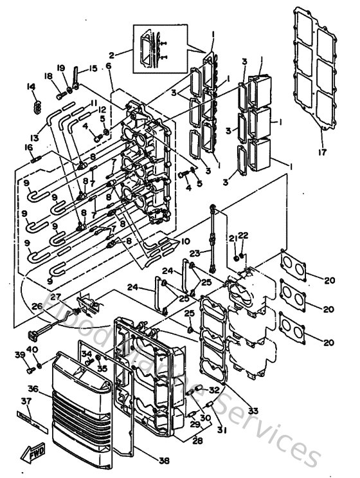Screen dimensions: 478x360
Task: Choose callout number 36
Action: coord(33,389)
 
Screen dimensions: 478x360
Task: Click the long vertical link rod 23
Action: coord(212,238)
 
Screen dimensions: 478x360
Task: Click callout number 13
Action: coord(34,138)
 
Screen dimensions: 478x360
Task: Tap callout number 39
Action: coord(19,355)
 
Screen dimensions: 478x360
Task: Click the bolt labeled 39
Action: coord(30,369)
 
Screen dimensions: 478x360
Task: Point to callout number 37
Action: coord(26,401)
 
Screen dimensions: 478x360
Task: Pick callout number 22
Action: coord(244,235)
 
